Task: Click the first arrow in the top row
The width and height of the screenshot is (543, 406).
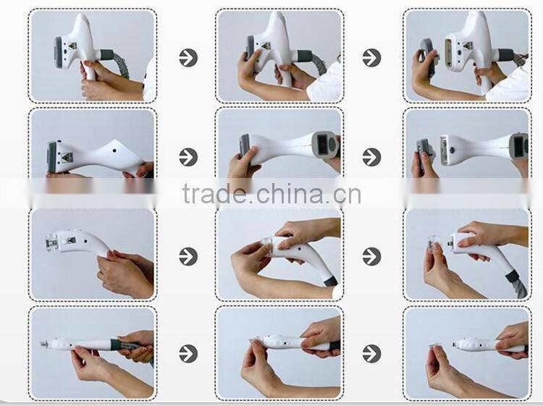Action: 188,58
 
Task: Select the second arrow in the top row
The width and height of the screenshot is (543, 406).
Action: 371,58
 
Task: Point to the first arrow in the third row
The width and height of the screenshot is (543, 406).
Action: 188,256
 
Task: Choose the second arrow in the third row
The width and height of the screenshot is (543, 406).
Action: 371,256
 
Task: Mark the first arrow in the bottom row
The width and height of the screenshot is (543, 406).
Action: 188,353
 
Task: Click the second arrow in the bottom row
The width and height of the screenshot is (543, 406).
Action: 371,353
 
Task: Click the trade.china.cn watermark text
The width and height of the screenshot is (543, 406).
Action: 271,194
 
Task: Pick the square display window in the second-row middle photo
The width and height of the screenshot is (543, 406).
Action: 323,144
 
